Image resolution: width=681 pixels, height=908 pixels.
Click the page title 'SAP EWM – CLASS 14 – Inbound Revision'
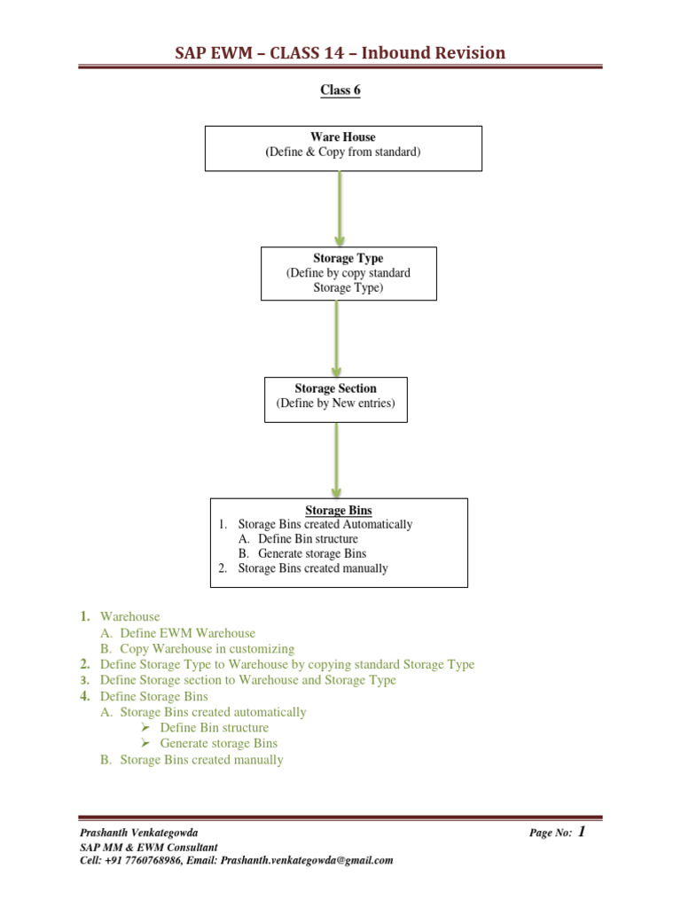point(340,52)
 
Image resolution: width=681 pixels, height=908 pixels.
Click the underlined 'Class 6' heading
point(340,90)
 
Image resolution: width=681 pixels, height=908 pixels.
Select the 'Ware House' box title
point(342,137)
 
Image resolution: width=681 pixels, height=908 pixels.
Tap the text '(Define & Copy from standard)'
point(342,153)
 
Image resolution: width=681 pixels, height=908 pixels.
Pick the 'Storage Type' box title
point(348,258)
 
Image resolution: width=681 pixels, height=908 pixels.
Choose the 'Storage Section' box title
point(335,388)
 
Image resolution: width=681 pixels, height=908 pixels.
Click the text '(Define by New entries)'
point(335,403)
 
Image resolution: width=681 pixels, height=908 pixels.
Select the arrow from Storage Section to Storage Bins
point(336,459)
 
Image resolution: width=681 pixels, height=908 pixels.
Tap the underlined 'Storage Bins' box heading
point(339,510)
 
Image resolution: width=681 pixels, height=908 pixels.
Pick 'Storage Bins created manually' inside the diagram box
point(313,568)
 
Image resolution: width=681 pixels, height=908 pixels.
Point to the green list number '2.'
point(84,664)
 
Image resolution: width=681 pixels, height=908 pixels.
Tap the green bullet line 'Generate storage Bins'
point(218,744)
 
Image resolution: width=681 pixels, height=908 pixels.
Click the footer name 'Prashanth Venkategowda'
point(139,833)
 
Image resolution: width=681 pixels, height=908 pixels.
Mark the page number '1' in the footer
point(582,832)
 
